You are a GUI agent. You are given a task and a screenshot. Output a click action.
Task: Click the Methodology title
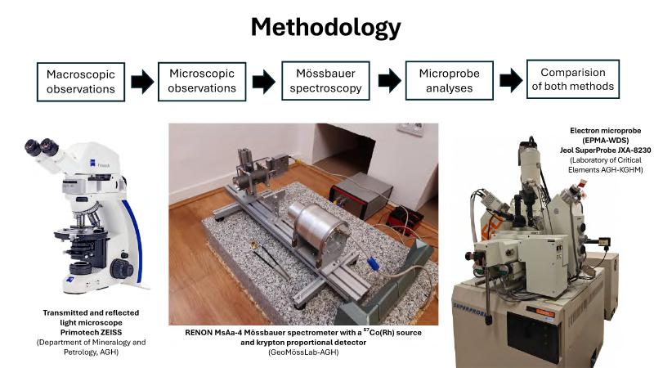tap(325, 28)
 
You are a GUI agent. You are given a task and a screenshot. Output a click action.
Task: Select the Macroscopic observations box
tap(81, 82)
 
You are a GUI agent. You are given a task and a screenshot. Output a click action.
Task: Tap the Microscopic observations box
tap(202, 81)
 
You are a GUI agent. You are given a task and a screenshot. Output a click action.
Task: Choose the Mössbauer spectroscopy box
tap(325, 81)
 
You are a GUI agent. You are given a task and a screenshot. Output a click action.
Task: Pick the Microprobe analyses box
tap(449, 81)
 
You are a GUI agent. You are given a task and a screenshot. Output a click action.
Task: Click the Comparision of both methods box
tap(573, 79)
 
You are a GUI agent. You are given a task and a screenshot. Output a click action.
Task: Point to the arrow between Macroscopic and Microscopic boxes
tap(142, 82)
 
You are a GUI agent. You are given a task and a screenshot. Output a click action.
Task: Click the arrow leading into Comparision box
tap(511, 80)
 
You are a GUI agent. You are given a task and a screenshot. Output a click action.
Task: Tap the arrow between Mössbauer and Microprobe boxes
tap(390, 80)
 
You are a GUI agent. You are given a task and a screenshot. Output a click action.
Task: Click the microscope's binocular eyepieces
tap(43, 148)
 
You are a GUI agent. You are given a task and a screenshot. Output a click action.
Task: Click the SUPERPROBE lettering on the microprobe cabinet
tap(469, 310)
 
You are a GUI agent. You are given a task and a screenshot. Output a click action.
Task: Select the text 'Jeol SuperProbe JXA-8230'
tap(605, 150)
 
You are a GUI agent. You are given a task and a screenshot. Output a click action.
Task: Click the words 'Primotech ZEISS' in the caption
tap(91, 333)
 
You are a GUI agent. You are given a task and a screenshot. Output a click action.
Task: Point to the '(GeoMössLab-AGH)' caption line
tap(303, 352)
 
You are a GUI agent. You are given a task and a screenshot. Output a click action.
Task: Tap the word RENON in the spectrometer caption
tap(198, 333)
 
